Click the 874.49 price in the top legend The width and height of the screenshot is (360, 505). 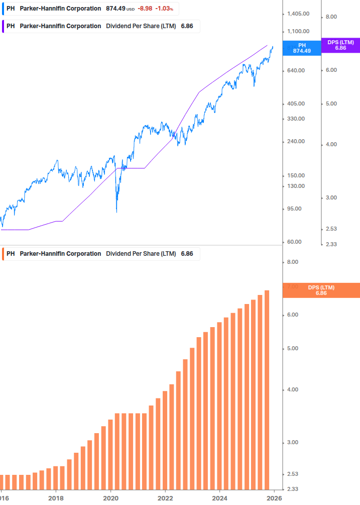115,9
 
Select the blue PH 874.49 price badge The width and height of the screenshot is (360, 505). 301,48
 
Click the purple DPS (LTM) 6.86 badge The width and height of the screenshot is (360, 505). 340,45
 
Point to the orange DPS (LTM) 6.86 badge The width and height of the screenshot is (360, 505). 321,290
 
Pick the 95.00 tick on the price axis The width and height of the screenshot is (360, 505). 294,209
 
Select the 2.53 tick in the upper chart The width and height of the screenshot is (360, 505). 332,229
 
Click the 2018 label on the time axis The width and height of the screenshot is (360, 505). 56,498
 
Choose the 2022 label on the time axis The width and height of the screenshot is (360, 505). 165,498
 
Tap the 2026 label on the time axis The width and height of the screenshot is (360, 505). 274,498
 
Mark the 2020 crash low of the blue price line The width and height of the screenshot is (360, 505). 116,212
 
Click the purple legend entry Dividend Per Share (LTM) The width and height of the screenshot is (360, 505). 141,26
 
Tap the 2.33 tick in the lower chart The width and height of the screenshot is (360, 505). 292,489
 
